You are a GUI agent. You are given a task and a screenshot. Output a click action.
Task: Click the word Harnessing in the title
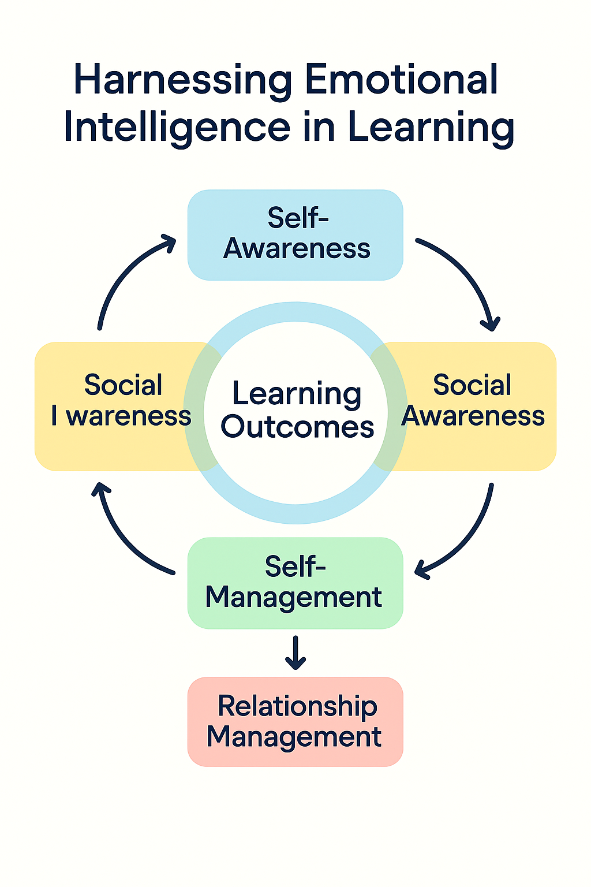(x=183, y=80)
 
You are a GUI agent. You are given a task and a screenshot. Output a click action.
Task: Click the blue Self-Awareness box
(x=295, y=234)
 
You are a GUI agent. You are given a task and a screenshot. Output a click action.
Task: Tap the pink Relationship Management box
(x=295, y=721)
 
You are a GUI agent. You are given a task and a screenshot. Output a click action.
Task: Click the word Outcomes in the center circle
(x=297, y=427)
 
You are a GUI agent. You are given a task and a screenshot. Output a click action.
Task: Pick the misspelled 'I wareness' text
(x=121, y=416)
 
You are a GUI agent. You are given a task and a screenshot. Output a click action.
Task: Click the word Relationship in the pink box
(x=297, y=706)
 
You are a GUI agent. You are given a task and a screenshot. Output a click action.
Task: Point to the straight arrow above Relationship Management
(x=295, y=653)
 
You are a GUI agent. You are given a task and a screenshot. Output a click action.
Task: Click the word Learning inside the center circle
(x=297, y=394)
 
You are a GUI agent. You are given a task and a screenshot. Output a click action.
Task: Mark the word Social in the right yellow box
(x=472, y=385)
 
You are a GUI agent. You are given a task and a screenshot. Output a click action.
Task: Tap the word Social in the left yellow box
(x=123, y=385)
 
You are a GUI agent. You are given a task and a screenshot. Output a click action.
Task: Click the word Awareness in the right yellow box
(x=473, y=416)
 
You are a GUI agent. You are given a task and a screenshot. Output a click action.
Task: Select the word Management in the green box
(x=294, y=597)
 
